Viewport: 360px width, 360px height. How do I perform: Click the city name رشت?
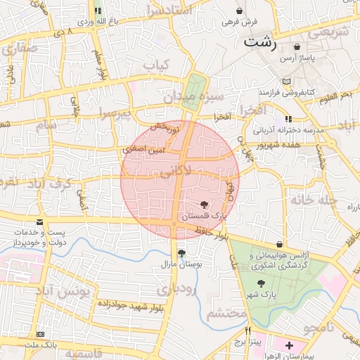260,41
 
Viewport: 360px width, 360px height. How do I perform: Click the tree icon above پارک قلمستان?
204,205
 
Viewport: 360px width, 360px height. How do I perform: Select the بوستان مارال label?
182,266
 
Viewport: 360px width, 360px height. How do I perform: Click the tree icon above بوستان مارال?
182,253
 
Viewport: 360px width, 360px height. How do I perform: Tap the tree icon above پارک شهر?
261,283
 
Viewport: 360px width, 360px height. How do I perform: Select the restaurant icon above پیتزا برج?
247,330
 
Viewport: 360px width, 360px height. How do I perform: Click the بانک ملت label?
40,347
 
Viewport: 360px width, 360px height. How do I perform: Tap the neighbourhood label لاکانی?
175,170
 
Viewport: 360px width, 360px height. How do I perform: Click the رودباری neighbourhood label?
176,288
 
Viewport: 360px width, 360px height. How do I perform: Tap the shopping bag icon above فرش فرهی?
241,11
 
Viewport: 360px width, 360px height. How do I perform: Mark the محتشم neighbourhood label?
226,311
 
